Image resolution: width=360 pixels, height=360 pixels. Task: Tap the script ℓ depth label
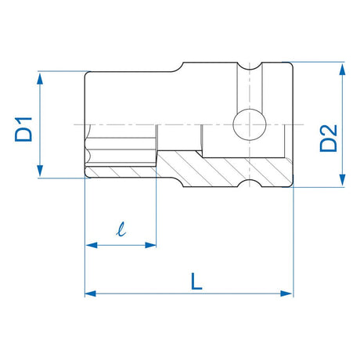point(119,230)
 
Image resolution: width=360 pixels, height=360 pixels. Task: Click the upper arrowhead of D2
point(341,68)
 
